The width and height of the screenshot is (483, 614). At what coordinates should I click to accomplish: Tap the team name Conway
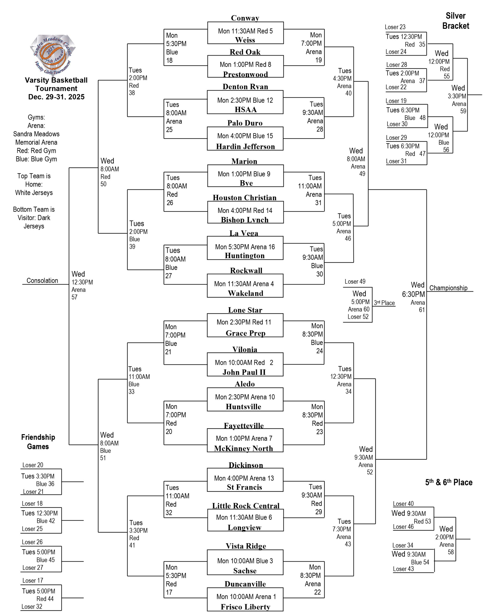pos(245,18)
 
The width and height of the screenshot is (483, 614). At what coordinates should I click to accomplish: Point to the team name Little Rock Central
pos(245,506)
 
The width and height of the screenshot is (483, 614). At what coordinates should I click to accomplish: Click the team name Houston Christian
pos(245,197)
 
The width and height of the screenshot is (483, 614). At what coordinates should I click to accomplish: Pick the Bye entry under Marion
pos(246,183)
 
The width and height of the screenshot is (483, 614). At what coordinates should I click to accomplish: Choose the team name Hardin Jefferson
pos(245,146)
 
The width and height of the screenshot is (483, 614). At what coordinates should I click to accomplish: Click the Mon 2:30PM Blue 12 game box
pos(245,100)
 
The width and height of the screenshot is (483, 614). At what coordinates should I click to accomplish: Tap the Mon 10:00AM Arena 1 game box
pos(246,596)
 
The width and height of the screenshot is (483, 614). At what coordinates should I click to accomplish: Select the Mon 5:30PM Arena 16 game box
pos(245,247)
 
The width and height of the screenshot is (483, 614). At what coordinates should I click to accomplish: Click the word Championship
pos(448,288)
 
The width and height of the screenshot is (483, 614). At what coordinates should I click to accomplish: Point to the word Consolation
pos(42,281)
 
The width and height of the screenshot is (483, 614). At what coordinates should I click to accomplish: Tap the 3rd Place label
pos(384,303)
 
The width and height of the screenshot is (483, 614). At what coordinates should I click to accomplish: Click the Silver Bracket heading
pos(456,21)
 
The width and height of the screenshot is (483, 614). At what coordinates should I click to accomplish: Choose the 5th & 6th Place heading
pos(448,482)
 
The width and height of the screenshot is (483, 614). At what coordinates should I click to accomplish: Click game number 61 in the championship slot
pos(422,310)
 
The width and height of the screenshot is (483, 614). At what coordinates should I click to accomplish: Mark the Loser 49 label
pos(355,281)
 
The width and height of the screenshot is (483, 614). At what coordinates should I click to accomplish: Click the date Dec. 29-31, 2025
pos(56,97)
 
